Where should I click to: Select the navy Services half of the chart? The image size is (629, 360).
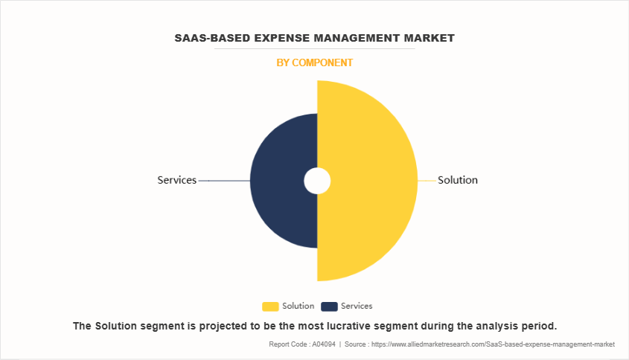tap(279, 181)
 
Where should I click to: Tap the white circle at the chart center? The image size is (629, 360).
tap(317, 181)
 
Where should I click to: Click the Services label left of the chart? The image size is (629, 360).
tap(176, 180)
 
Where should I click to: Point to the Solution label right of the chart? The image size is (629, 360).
tap(458, 180)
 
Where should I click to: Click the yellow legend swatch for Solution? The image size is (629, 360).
tap(270, 306)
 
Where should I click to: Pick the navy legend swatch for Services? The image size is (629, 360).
tap(329, 306)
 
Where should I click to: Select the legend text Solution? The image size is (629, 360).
tap(298, 306)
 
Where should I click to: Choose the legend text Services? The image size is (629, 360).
tap(357, 306)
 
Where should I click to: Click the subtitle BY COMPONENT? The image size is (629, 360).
tap(314, 63)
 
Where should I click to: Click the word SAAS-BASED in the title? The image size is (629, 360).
tap(211, 38)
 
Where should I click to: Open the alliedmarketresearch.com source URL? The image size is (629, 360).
tap(492, 344)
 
